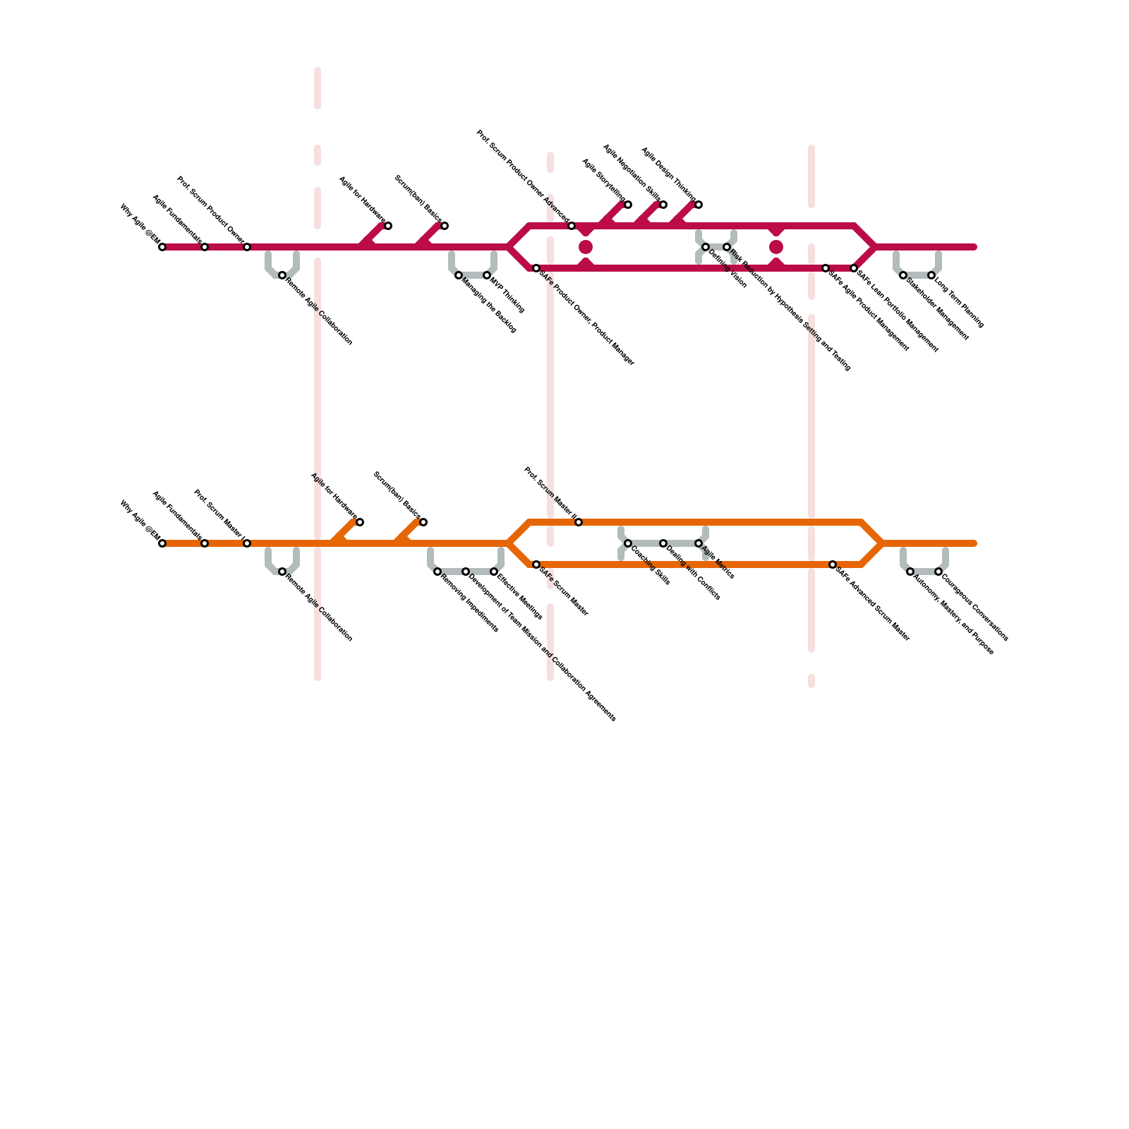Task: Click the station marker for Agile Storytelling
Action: (628, 205)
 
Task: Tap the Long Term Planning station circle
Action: (931, 275)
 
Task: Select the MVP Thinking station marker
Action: (487, 275)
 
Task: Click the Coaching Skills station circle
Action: (628, 543)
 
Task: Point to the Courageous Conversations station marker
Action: (938, 572)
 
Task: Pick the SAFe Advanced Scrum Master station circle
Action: (833, 564)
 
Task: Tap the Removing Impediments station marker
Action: (437, 572)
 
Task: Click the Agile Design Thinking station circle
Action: (699, 205)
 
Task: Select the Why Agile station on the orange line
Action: (162, 543)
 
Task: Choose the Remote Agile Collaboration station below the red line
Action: (282, 275)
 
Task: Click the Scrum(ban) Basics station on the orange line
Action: (423, 522)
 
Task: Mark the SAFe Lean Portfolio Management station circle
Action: (854, 268)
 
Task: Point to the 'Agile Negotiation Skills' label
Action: (632, 174)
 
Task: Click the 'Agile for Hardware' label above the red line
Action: (361, 200)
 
